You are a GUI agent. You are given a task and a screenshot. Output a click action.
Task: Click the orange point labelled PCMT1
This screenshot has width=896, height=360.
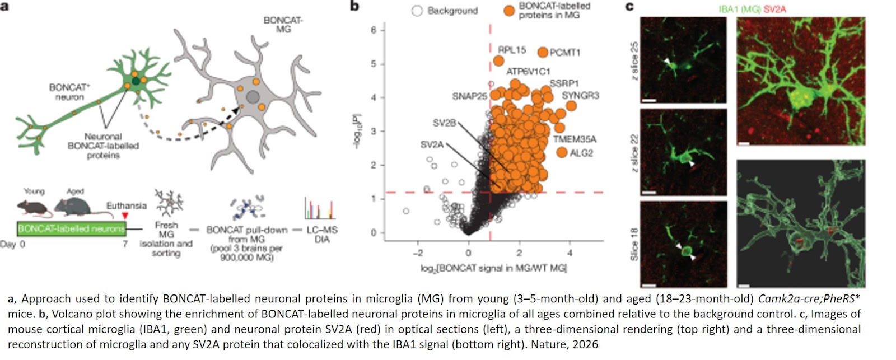coord(542,52)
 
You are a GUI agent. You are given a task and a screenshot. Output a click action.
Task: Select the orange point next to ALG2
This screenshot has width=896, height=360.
coord(562,152)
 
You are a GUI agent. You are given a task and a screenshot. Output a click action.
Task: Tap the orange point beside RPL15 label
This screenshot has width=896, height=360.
coord(498,60)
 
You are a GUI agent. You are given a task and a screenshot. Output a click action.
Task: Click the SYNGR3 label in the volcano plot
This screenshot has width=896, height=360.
coord(580,96)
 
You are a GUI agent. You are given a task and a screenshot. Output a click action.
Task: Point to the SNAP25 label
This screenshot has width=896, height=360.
coord(469,96)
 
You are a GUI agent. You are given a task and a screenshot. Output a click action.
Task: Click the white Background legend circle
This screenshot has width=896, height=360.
coord(417,11)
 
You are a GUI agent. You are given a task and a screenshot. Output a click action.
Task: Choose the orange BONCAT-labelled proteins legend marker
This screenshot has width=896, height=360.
coord(508,11)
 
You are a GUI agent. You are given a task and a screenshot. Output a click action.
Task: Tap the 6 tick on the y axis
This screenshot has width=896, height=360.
coord(374,30)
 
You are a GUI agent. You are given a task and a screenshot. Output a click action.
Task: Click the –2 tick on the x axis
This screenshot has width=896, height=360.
coord(418,253)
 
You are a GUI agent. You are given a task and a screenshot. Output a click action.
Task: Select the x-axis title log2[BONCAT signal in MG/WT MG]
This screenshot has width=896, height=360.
coord(493,268)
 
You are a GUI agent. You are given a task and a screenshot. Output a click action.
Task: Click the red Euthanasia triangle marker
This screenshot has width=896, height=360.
coord(125,216)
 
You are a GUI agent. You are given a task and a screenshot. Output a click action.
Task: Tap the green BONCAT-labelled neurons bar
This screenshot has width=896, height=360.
coord(71,228)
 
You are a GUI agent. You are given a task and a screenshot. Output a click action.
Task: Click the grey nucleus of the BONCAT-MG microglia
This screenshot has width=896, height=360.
coord(253,97)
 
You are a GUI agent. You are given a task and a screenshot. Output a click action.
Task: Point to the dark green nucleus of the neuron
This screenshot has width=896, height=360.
coord(136,82)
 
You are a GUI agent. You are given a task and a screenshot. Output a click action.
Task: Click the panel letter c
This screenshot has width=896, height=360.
coord(629,6)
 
